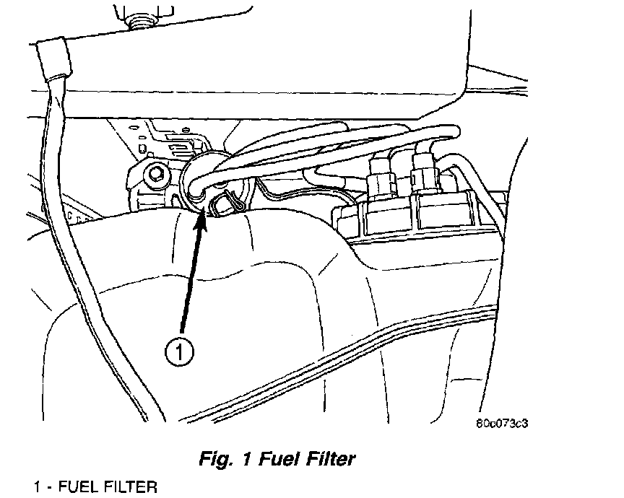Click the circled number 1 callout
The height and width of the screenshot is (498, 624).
click(178, 351)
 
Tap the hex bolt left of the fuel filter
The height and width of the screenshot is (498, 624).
click(154, 175)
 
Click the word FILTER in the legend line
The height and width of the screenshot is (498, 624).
click(129, 486)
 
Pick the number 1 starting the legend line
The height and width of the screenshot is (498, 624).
click(35, 486)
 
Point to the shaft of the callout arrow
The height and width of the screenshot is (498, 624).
click(191, 281)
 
